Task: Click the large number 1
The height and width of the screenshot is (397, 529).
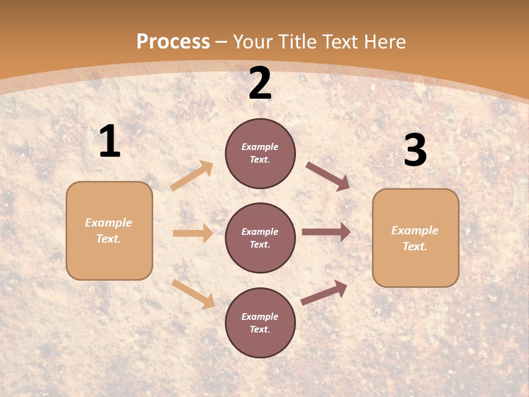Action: click(x=110, y=142)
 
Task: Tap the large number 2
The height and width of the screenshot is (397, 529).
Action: click(x=260, y=83)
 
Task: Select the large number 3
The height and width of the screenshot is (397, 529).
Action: click(x=415, y=151)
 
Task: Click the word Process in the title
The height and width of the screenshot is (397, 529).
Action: click(x=173, y=41)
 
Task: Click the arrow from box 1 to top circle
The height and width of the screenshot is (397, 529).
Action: click(x=192, y=176)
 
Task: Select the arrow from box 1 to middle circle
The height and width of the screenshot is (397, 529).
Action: click(x=193, y=233)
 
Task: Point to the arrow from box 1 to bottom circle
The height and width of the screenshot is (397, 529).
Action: click(x=193, y=294)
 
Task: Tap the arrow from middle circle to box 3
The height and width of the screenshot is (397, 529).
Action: click(x=326, y=232)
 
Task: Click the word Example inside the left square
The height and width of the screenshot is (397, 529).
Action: click(x=109, y=223)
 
